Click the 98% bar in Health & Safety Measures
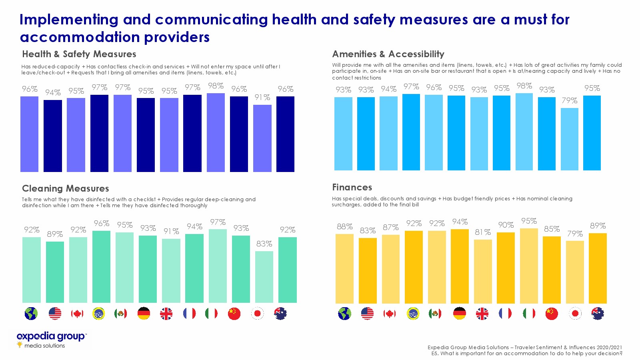[x=216, y=132]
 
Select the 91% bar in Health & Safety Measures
[x=262, y=138]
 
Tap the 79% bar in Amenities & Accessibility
[x=570, y=139]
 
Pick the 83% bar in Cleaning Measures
[x=264, y=277]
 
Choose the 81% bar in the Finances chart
[x=483, y=271]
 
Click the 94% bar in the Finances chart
[x=460, y=266]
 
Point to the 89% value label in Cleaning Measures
[x=55, y=234]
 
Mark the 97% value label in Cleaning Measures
[x=218, y=222]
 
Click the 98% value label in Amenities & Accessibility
[x=524, y=86]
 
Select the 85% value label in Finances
[x=552, y=229]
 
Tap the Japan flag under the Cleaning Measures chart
[x=258, y=314]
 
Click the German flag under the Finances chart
[x=460, y=314]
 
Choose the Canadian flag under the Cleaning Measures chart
[x=77, y=314]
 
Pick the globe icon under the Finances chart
[x=344, y=314]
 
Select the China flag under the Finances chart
[x=552, y=314]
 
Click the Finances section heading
[x=352, y=187]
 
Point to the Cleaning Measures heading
[x=66, y=188]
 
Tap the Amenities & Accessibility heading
[x=388, y=54]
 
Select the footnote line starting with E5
[x=527, y=354]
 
